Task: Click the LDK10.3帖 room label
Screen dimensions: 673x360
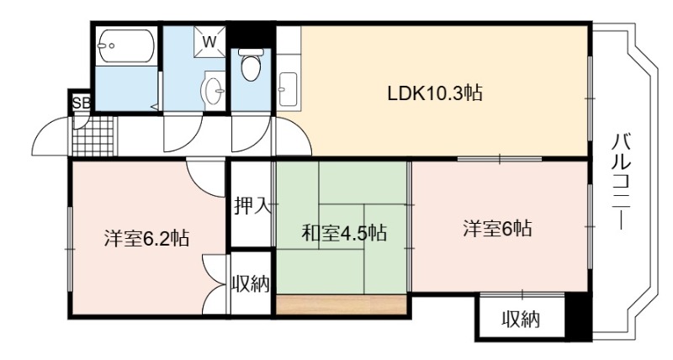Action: pos(435,93)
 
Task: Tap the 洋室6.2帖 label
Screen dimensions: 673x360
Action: pos(146,237)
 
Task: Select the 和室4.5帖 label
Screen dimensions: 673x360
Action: pos(344,232)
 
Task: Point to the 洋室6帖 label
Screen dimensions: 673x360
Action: pos(497,228)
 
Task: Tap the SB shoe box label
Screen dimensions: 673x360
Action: pos(81,103)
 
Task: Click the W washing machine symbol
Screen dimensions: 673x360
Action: pos(209,41)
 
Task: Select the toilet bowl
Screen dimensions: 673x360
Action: pos(251,66)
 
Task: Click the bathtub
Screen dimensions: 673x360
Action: pos(125,46)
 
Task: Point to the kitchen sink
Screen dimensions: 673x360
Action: pos(288,89)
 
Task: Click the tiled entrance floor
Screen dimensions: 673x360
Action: pos(93,136)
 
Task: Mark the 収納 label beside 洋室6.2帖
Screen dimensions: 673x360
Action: pos(251,283)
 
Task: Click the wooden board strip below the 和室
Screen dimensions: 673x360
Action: pos(342,304)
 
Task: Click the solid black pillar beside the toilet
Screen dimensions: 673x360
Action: pos(251,35)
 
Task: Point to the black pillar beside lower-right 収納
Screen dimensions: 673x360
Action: pos(578,316)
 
